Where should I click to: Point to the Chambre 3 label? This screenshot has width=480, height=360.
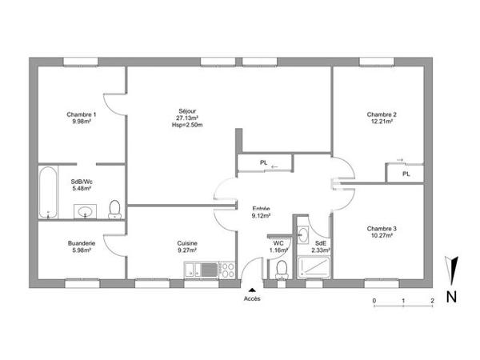point(382,230)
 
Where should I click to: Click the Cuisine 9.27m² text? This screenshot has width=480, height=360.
point(187,247)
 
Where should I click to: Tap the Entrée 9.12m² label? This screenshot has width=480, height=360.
point(261,211)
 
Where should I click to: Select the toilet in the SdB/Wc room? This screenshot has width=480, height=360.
point(114,210)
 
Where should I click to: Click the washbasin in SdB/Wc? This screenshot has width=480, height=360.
point(85,211)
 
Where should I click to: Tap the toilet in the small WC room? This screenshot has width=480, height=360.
point(280,273)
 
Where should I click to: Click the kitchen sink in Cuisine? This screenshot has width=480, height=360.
point(197,270)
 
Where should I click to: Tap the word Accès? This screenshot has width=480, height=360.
point(252,299)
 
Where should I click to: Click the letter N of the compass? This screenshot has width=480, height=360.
point(452,297)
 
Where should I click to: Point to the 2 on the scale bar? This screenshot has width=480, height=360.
point(432,301)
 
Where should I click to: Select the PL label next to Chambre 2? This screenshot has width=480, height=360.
point(406,173)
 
